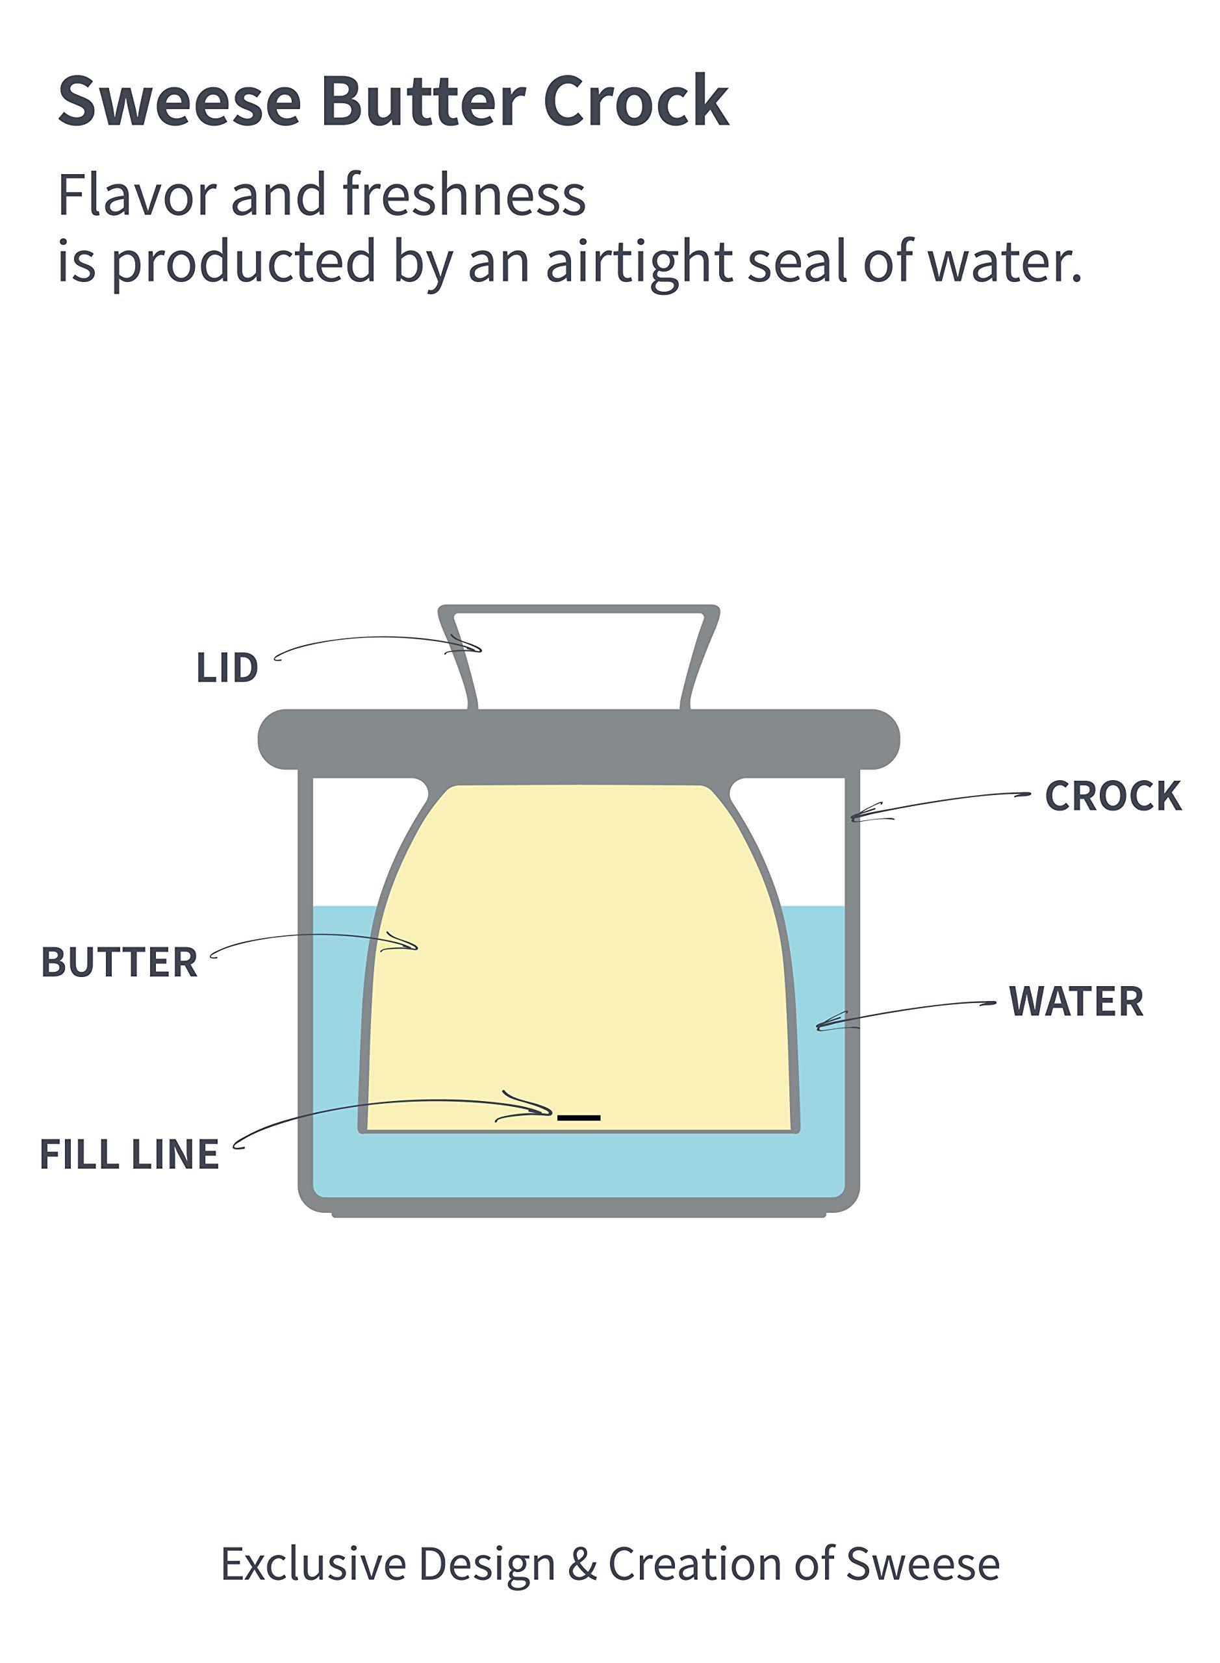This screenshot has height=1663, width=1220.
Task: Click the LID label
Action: [x=227, y=667]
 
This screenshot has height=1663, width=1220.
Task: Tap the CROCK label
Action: [x=1113, y=796]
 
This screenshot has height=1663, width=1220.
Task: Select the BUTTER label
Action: [x=119, y=962]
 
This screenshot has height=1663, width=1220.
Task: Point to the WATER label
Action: [x=1076, y=1001]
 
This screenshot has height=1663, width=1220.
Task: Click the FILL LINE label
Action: [x=129, y=1154]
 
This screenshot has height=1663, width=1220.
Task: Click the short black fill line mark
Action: [x=579, y=1118]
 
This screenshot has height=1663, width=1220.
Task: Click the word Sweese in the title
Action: [x=179, y=101]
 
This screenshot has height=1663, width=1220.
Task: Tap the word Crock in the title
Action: [x=636, y=101]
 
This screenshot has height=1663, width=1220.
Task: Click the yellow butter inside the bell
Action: [x=579, y=960]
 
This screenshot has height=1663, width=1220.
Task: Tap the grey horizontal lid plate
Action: [x=579, y=739]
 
